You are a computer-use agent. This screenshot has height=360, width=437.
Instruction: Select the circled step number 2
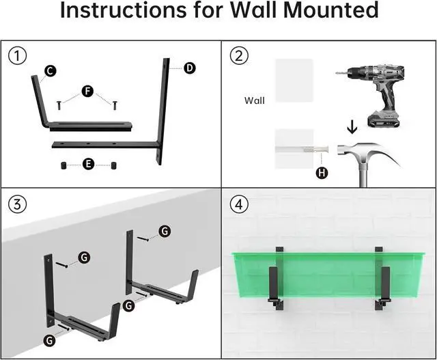(x=238, y=55)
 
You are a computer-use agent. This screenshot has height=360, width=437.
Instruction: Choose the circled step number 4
(x=238, y=203)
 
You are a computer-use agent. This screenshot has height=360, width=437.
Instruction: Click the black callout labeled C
(x=50, y=71)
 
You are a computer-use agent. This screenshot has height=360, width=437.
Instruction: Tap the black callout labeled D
(x=189, y=67)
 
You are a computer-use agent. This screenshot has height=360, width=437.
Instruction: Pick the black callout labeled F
(x=87, y=91)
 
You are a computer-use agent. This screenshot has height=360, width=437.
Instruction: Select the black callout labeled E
(x=87, y=165)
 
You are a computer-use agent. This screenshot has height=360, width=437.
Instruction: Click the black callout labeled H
(x=322, y=173)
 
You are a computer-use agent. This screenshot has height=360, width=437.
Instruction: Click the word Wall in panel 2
(x=254, y=100)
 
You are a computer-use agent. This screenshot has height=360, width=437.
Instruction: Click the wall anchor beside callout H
(x=311, y=148)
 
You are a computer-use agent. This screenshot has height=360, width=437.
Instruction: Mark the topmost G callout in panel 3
(x=164, y=232)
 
